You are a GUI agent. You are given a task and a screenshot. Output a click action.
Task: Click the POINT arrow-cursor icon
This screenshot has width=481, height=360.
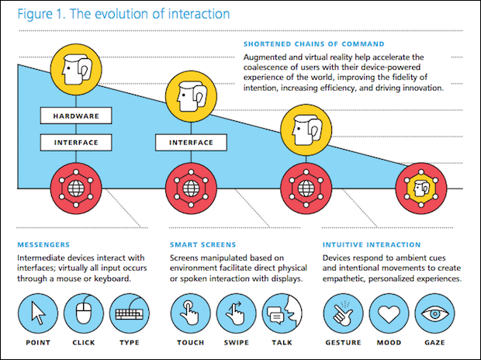point(38,313)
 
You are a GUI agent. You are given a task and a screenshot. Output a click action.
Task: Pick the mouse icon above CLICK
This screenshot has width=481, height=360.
point(85,313)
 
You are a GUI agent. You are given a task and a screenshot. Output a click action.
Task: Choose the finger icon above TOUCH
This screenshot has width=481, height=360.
point(191,313)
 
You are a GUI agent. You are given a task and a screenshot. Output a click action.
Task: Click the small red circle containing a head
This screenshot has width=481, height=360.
point(420,187)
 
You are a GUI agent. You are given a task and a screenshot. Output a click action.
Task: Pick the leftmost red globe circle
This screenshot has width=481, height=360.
point(75,187)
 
